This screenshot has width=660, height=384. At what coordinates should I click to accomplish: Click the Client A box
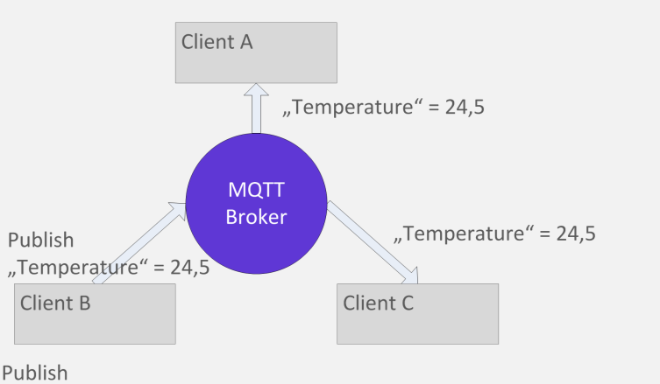point(256,52)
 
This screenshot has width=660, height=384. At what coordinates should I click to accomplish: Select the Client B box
point(95,314)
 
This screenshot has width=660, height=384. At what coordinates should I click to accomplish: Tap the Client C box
point(417,314)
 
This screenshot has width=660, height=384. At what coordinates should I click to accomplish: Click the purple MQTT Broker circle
point(256,204)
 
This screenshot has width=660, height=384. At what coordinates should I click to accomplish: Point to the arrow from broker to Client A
point(256,108)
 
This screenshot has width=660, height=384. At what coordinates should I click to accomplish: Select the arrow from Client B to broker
point(139,243)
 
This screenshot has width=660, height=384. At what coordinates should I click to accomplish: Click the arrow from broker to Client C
point(373,242)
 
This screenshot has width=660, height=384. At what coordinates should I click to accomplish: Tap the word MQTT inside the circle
point(256,190)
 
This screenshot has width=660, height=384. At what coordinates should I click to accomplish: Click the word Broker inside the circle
point(256,217)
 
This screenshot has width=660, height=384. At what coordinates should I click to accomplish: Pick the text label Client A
point(216,42)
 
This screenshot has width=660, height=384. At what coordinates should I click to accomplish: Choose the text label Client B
point(55,303)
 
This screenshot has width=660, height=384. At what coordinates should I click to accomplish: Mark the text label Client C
point(378,303)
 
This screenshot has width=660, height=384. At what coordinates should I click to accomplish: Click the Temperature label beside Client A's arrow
point(352,107)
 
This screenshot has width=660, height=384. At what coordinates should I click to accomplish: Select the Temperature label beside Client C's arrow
point(464,234)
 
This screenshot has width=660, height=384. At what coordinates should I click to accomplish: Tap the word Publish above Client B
point(41,241)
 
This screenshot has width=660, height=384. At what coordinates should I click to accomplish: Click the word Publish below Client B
point(35,374)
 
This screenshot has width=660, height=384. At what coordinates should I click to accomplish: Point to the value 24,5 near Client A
point(465,107)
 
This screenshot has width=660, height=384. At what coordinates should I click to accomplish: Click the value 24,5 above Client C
point(576,234)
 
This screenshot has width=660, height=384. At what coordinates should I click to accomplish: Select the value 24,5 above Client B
point(190,268)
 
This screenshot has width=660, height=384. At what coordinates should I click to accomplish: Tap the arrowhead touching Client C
point(410,276)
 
